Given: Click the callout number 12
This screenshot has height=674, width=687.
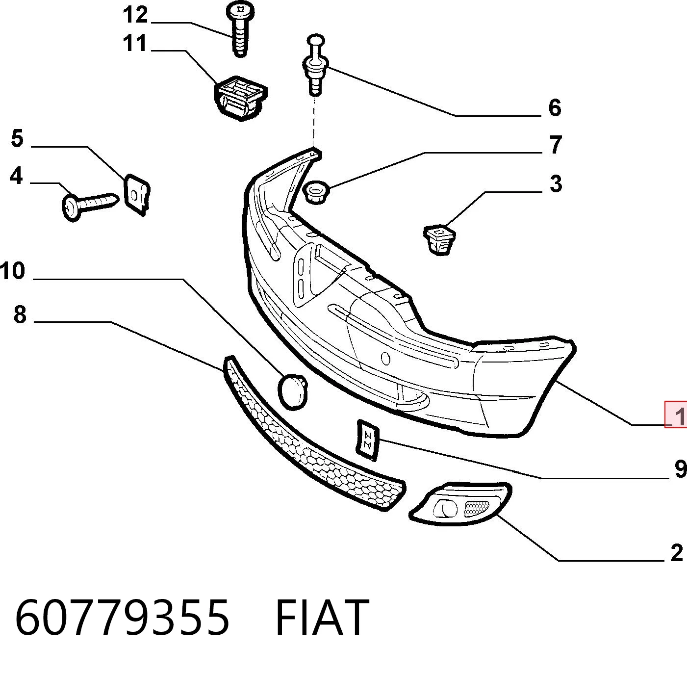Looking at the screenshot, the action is pyautogui.click(x=135, y=15).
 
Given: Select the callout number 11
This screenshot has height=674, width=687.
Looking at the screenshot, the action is pyautogui.click(x=135, y=43).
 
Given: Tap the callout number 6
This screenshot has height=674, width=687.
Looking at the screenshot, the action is pyautogui.click(x=555, y=108).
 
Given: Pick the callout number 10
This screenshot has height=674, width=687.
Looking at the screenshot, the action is pyautogui.click(x=12, y=271).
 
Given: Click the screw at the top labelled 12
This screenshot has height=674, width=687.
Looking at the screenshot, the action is pyautogui.click(x=241, y=28).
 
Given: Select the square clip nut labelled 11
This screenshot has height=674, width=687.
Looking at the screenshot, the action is pyautogui.click(x=241, y=98).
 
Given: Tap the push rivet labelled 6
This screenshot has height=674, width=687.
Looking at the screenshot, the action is pyautogui.click(x=315, y=65).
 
